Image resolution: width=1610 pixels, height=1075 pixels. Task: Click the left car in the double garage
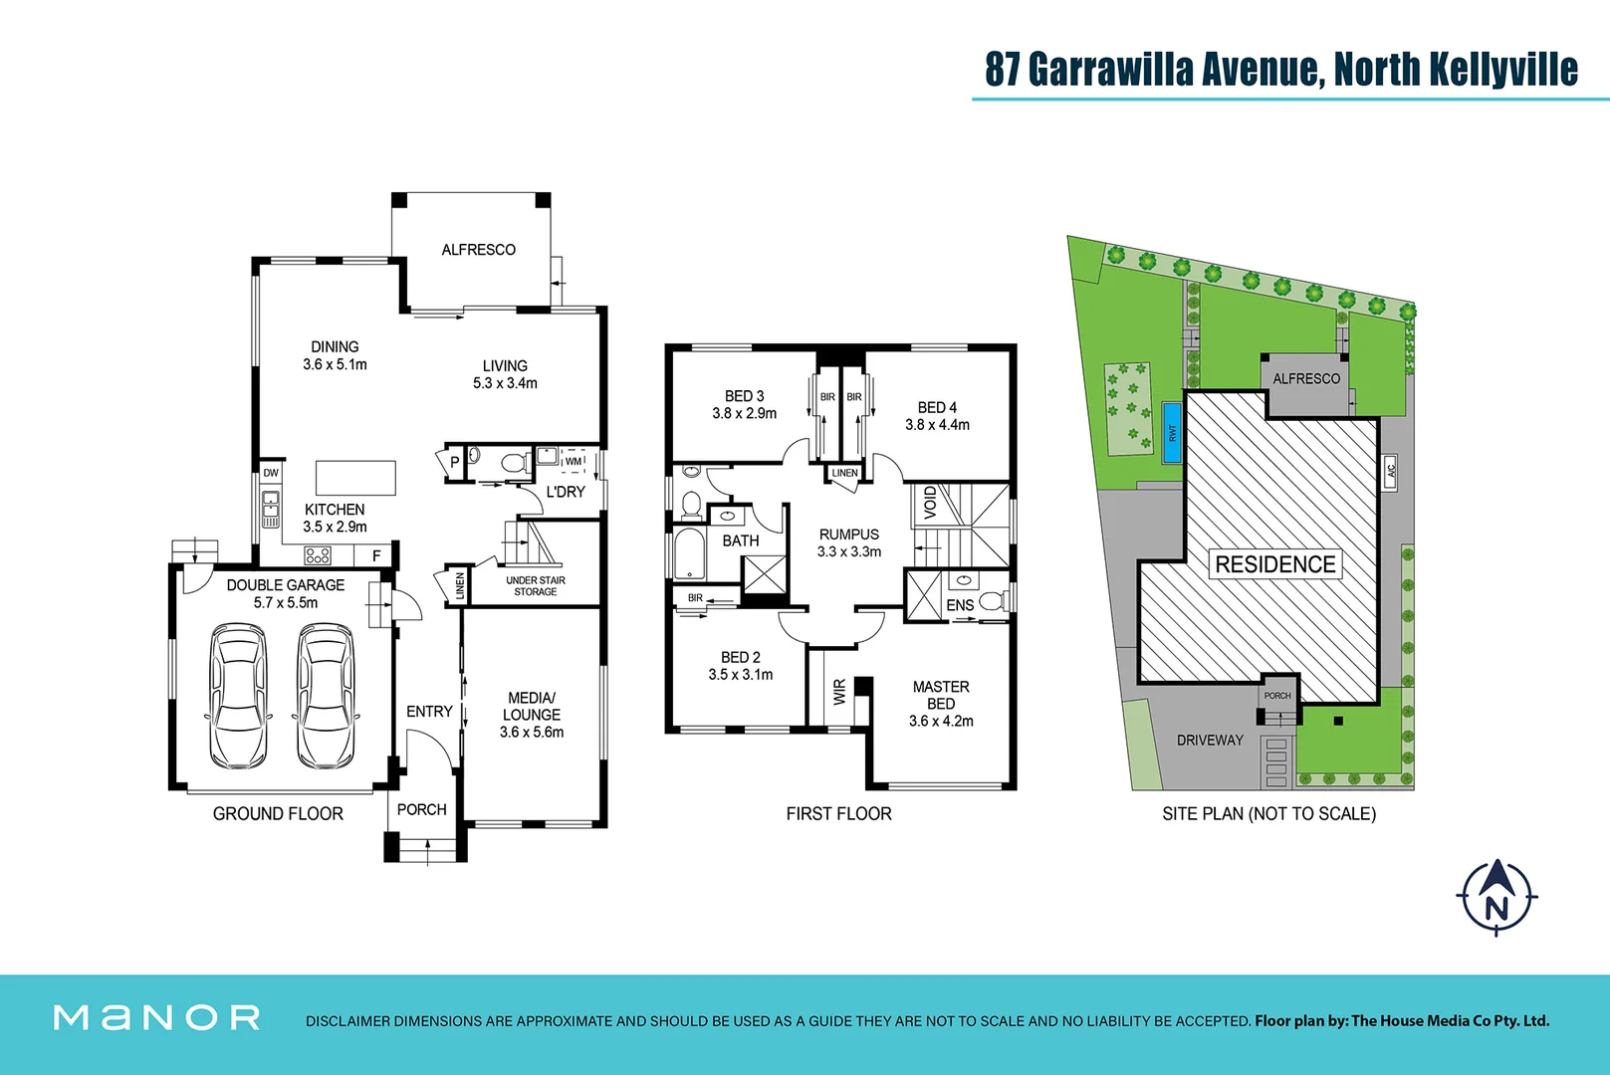click(x=239, y=696)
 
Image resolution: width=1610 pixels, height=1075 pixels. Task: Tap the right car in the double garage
click(x=326, y=696)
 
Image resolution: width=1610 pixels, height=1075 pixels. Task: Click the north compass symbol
click(x=1496, y=898)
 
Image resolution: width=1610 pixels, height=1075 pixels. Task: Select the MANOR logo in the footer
click(x=156, y=1017)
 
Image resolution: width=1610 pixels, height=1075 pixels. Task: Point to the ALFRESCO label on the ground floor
click(x=478, y=250)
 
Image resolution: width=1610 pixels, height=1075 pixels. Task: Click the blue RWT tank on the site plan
click(x=1172, y=434)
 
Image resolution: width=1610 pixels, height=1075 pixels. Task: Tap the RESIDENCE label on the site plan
click(x=1274, y=564)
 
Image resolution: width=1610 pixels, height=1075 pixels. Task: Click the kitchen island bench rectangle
click(x=355, y=478)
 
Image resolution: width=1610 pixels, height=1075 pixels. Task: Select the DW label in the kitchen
click(x=271, y=473)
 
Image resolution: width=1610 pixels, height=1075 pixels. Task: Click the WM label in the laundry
click(x=574, y=461)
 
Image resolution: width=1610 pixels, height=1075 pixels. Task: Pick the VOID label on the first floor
click(x=930, y=503)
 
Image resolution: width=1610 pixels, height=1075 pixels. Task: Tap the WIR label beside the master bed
click(x=839, y=692)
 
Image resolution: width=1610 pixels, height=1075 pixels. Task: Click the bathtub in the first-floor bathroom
click(x=689, y=553)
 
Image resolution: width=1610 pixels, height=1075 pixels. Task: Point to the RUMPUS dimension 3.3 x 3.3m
click(x=848, y=551)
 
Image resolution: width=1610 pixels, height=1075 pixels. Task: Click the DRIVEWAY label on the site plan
click(x=1210, y=740)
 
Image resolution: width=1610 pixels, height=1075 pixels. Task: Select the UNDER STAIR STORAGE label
click(x=535, y=586)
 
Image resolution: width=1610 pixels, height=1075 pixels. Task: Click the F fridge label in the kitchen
click(x=376, y=555)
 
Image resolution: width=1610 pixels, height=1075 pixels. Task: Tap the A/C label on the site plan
click(x=1391, y=471)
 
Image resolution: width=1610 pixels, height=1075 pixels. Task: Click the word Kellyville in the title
click(x=1503, y=69)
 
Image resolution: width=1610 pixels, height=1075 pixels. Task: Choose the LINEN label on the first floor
click(x=844, y=473)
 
